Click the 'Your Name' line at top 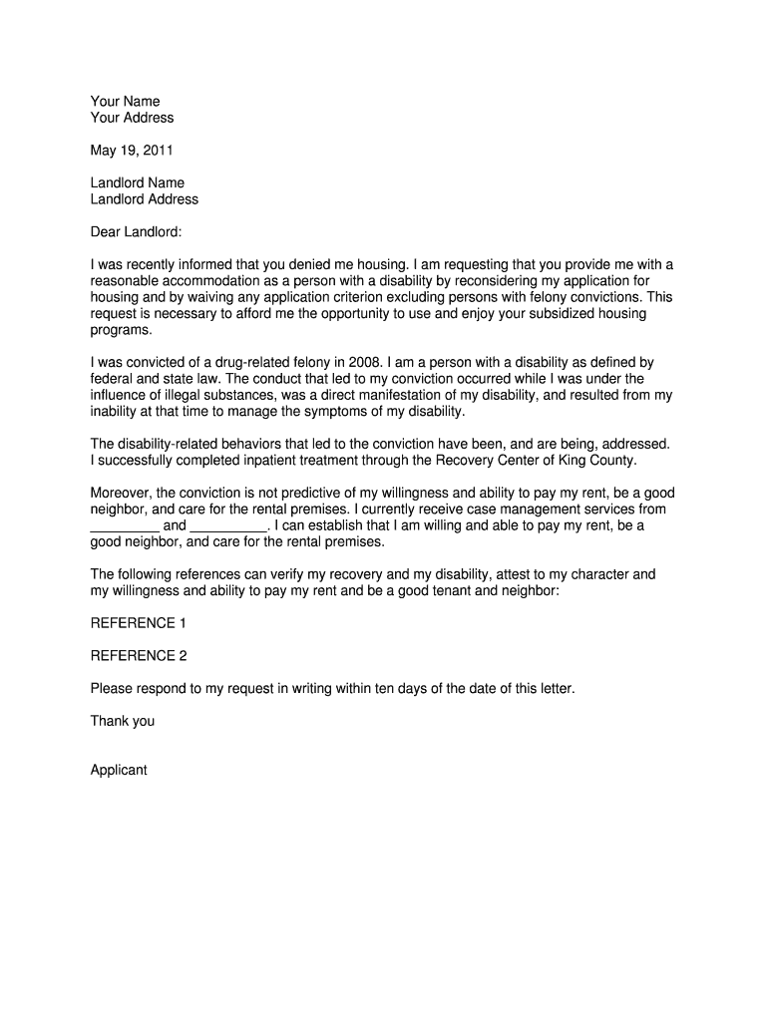(x=125, y=102)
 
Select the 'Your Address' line (x=132, y=118)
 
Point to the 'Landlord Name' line (x=138, y=183)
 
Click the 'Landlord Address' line (x=145, y=199)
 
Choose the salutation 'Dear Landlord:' (x=137, y=232)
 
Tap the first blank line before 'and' (x=125, y=525)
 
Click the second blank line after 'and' (x=228, y=525)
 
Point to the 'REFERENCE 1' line (x=139, y=623)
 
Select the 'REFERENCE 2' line (x=139, y=656)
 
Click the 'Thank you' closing (x=123, y=721)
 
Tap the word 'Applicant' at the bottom (x=119, y=770)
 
